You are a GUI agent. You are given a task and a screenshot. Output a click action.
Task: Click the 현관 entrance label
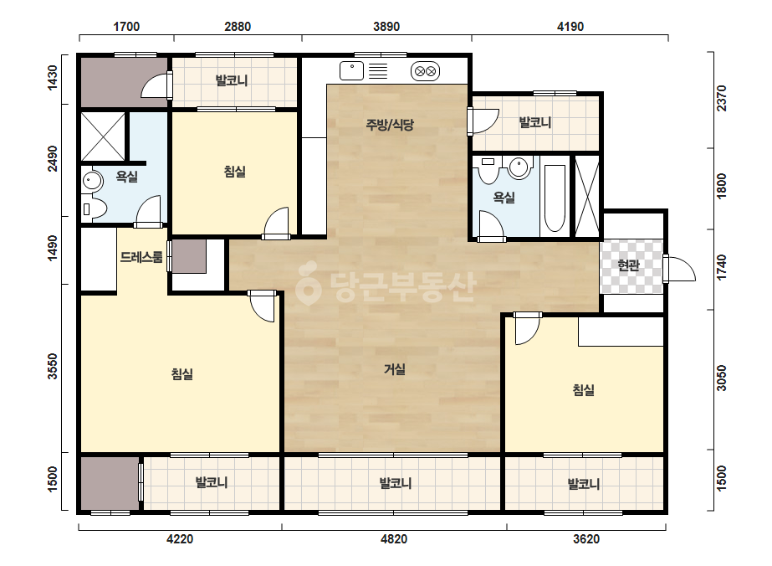(x=628, y=265)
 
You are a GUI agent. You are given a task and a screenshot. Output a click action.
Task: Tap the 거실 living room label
(x=395, y=368)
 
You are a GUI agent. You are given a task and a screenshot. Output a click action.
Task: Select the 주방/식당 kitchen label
(x=390, y=124)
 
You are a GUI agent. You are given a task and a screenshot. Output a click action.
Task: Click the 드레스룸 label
(x=141, y=257)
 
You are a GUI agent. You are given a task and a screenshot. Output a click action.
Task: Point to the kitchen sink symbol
(x=351, y=70)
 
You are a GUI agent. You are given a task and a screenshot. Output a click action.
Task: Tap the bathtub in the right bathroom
(x=555, y=198)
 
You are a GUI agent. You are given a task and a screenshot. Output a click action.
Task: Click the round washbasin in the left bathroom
(x=93, y=182)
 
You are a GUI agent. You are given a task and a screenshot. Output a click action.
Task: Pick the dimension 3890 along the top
(x=386, y=26)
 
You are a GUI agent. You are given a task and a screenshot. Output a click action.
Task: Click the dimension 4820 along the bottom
(x=394, y=539)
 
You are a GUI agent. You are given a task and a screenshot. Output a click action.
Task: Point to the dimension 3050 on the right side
(x=721, y=378)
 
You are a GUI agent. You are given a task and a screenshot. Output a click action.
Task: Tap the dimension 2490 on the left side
(x=52, y=159)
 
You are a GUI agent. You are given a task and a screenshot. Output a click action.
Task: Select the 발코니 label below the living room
(x=396, y=483)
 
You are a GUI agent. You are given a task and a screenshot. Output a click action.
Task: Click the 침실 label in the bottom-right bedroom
(x=584, y=390)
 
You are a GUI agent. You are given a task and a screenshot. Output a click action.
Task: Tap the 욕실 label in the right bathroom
(x=504, y=198)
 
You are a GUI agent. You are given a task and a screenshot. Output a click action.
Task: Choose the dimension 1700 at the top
(x=126, y=26)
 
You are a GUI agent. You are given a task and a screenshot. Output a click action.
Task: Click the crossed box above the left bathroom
(x=103, y=136)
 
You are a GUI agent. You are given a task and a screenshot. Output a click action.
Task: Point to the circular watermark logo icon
(x=308, y=283)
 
